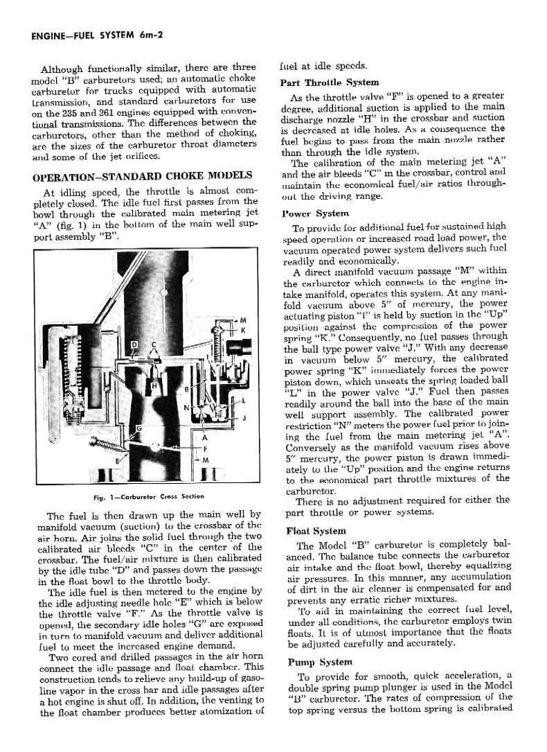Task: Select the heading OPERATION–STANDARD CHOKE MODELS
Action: pyautogui.click(x=141, y=176)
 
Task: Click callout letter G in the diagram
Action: pyautogui.click(x=138, y=430)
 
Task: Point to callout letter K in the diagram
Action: pyautogui.click(x=242, y=330)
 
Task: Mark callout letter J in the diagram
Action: pyautogui.click(x=244, y=418)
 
